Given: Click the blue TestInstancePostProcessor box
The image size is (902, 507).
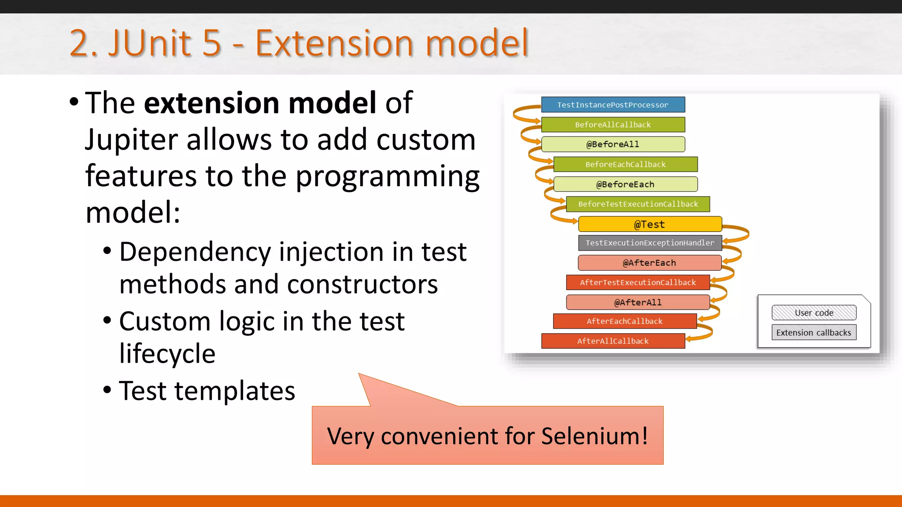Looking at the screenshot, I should pyautogui.click(x=613, y=105).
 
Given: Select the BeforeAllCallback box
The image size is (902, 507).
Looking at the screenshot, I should pyautogui.click(x=613, y=125).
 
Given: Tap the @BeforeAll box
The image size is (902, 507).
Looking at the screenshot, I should pyautogui.click(x=613, y=144).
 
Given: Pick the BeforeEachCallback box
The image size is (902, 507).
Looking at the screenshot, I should pyautogui.click(x=625, y=164).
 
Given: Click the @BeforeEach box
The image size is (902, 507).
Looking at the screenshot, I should pyautogui.click(x=625, y=184).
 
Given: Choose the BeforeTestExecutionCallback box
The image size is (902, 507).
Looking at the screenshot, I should pyautogui.click(x=638, y=204).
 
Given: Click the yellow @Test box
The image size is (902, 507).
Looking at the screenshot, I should pyautogui.click(x=650, y=224).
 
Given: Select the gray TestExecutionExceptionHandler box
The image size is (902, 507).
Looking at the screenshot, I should pyautogui.click(x=650, y=243).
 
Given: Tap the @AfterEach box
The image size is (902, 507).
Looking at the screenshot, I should pyautogui.click(x=650, y=263).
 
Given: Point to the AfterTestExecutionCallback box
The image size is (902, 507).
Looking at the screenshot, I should pyautogui.click(x=638, y=283).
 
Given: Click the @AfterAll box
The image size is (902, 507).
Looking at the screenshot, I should pyautogui.click(x=638, y=302).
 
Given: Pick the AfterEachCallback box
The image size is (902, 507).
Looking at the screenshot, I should pyautogui.click(x=625, y=321).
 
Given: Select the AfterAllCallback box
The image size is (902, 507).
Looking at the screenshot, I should pyautogui.click(x=613, y=341).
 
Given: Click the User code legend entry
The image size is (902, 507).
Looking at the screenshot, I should pyautogui.click(x=814, y=313).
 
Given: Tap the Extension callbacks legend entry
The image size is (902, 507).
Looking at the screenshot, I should pyautogui.click(x=814, y=333).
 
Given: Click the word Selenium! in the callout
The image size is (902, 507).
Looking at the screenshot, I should pyautogui.click(x=594, y=436).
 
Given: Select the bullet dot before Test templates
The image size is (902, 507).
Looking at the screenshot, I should pyautogui.click(x=107, y=390).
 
